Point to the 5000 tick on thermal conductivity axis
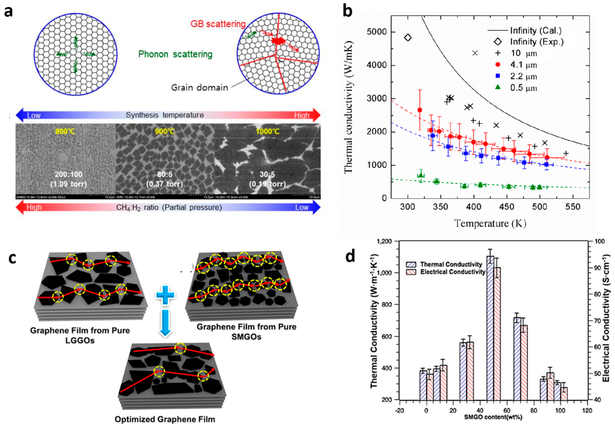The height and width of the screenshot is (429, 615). click(x=377, y=32)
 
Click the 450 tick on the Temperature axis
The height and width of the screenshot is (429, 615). click(x=507, y=207)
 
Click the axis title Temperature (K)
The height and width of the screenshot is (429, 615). click(x=490, y=223)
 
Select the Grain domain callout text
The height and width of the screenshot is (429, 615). click(x=199, y=88)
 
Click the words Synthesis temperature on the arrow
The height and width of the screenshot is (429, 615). click(x=165, y=115)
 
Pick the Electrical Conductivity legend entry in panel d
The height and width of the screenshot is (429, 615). click(x=452, y=272)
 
